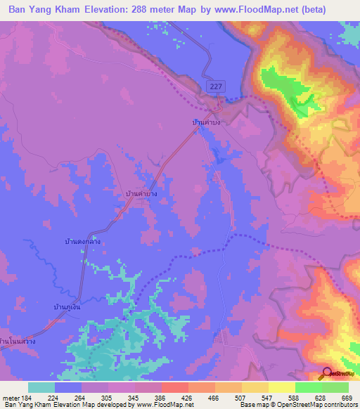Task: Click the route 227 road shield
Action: pyautogui.click(x=216, y=85)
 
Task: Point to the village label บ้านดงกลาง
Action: pyautogui.click(x=82, y=242)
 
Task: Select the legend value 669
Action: pyautogui.click(x=347, y=398)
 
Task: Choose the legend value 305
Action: pyautogui.click(x=108, y=398)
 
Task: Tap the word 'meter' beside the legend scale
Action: pyautogui.click(x=10, y=398)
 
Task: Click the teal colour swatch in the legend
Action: pyautogui.click(x=41, y=387)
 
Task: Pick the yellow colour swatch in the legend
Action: pyautogui.click(x=282, y=387)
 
